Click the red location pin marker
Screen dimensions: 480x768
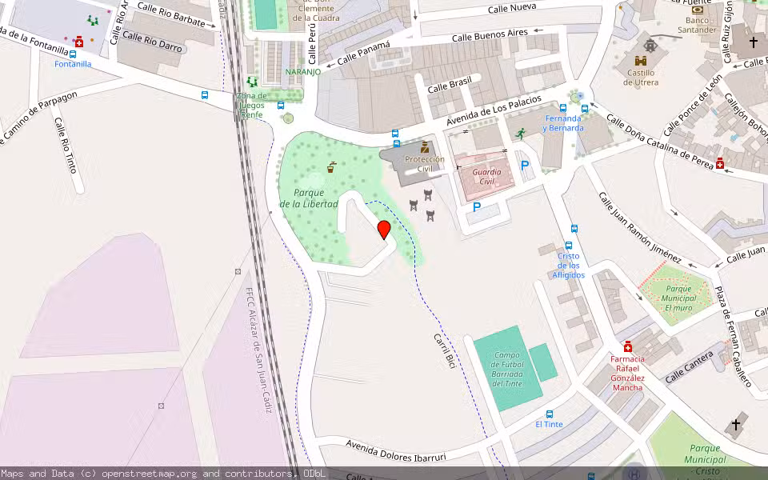pyautogui.click(x=384, y=230)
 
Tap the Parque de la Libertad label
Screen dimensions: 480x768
pyautogui.click(x=309, y=198)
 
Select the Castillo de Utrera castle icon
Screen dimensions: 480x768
pyautogui.click(x=642, y=61)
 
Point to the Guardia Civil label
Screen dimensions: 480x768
pyautogui.click(x=487, y=177)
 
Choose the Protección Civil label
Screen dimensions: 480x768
pyautogui.click(x=425, y=164)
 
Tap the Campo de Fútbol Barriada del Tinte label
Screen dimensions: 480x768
pyautogui.click(x=507, y=369)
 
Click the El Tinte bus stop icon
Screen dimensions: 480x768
pyautogui.click(x=550, y=414)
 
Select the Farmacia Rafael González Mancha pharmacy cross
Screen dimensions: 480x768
pyautogui.click(x=628, y=346)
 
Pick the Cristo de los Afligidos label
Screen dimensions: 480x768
pyautogui.click(x=569, y=266)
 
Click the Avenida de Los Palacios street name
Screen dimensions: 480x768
pyautogui.click(x=494, y=110)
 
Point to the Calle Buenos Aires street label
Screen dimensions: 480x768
pyautogui.click(x=490, y=35)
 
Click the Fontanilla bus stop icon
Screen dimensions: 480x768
pyautogui.click(x=73, y=54)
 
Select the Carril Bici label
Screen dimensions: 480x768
pyautogui.click(x=444, y=350)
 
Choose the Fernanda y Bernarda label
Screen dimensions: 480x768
pyautogui.click(x=563, y=123)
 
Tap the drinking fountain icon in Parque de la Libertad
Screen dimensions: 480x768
pyautogui.click(x=331, y=167)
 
